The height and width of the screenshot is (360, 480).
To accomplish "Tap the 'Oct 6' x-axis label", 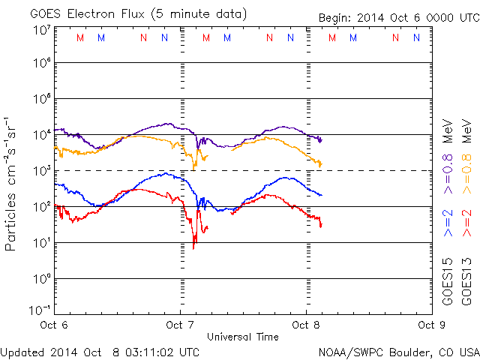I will coord(55,325).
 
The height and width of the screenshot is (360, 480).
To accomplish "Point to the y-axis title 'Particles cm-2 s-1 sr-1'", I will coord(13,184).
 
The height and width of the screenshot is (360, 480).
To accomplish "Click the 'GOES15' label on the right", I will coord(448,281).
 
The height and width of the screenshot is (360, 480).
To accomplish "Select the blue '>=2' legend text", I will coord(448,223).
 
